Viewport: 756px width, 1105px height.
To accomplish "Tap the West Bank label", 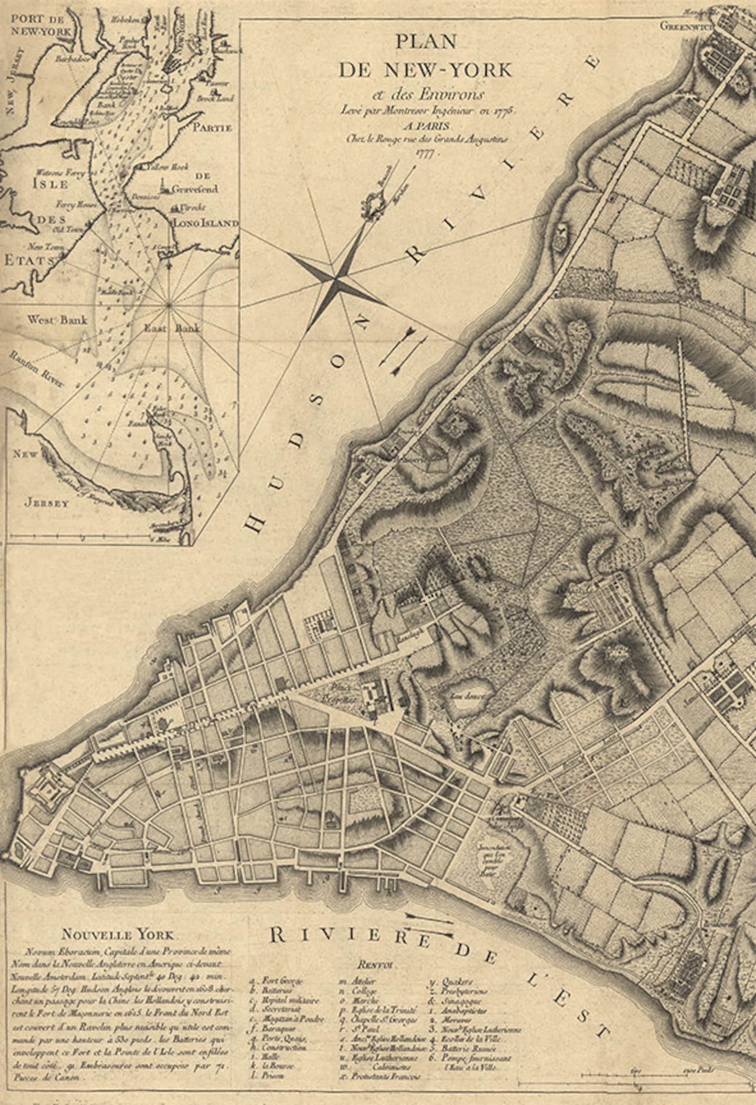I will tap(57, 319).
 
